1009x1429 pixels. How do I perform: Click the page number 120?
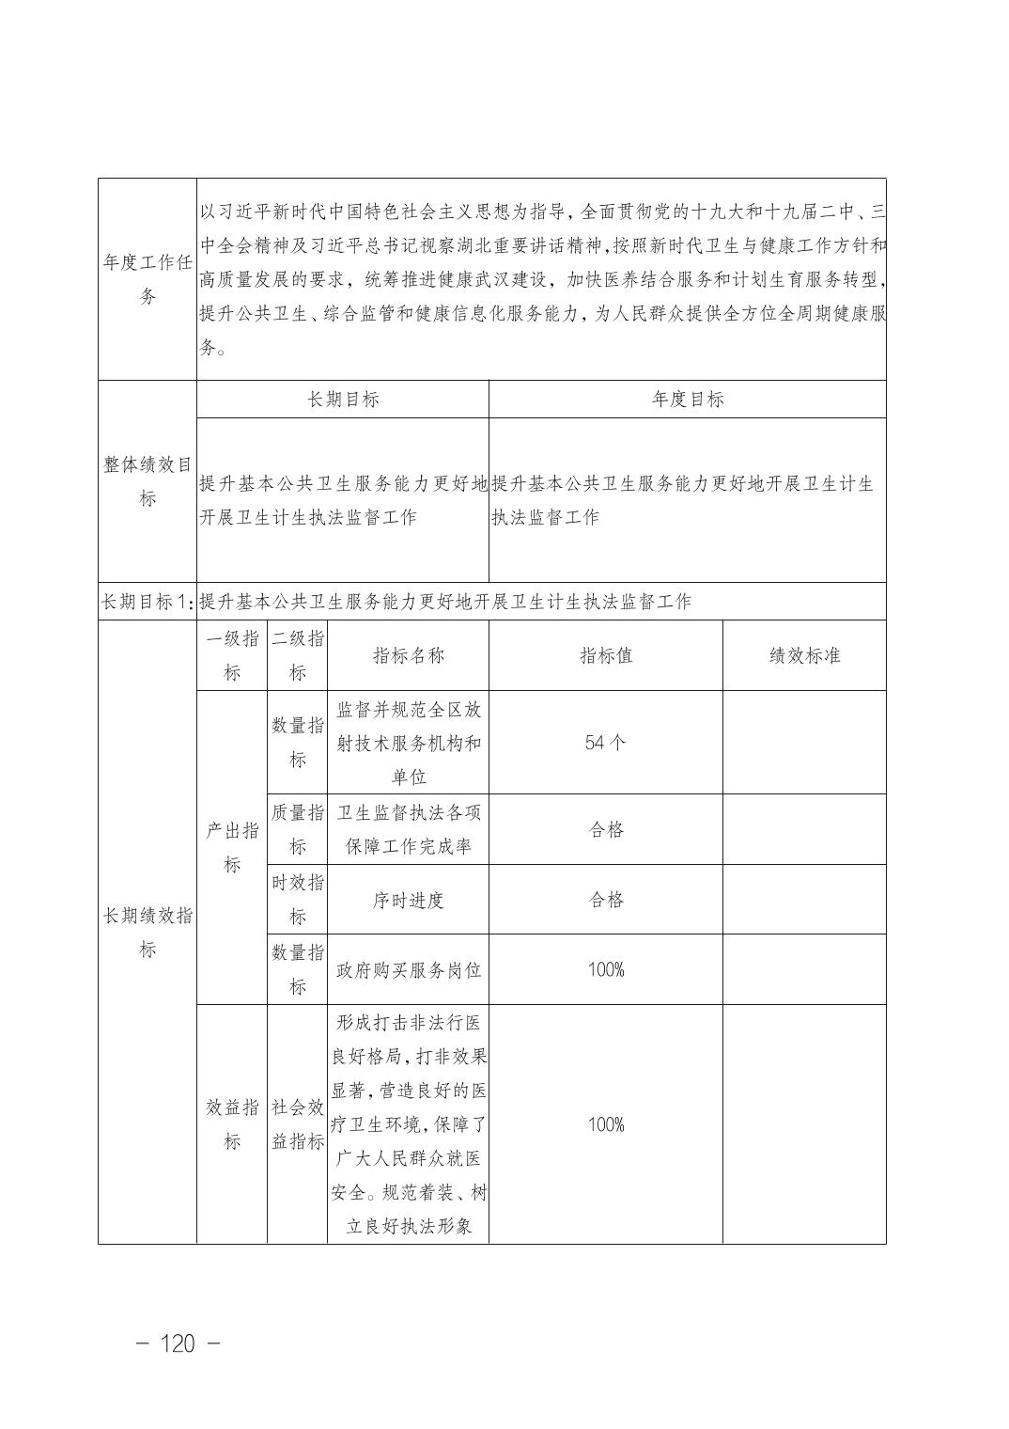click(x=178, y=1343)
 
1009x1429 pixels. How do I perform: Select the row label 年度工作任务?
click(x=147, y=279)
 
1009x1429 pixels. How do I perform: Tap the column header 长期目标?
click(x=343, y=399)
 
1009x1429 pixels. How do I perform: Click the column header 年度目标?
click(x=688, y=399)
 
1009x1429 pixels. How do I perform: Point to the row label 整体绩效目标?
click(x=147, y=481)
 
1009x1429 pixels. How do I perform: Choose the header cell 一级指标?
click(x=232, y=655)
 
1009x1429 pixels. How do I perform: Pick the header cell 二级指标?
click(x=298, y=655)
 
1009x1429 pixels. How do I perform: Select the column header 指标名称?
click(x=409, y=655)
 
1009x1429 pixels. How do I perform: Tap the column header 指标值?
click(x=606, y=655)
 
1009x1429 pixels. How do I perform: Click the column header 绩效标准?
click(x=804, y=655)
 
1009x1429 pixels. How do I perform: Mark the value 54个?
click(x=606, y=743)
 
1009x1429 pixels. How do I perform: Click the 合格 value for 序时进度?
click(x=606, y=900)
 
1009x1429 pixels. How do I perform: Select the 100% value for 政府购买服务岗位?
click(x=606, y=969)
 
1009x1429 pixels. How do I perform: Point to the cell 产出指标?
click(x=232, y=847)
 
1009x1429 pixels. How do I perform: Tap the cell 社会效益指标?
click(x=298, y=1124)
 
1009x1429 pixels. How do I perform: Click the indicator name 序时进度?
click(x=409, y=900)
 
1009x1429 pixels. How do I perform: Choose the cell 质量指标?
click(x=298, y=829)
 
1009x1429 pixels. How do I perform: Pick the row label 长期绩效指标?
click(x=147, y=932)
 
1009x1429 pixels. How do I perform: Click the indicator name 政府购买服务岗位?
click(x=409, y=970)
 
